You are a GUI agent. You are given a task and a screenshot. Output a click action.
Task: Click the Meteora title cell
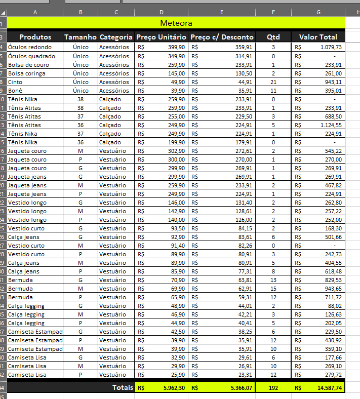pyautogui.click(x=176, y=23)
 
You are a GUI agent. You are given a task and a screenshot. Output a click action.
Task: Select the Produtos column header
pyautogui.click(x=35, y=37)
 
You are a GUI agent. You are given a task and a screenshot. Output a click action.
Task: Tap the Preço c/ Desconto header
pyautogui.click(x=222, y=37)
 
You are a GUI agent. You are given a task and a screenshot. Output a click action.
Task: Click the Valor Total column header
pyautogui.click(x=318, y=37)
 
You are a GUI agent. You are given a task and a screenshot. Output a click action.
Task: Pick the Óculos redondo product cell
pyautogui.click(x=30, y=47)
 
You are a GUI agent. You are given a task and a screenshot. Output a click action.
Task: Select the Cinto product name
pyautogui.click(x=16, y=82)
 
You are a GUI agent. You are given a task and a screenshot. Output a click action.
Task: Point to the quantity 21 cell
pyautogui.click(x=273, y=82)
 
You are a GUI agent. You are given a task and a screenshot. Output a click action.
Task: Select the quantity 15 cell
pyautogui.click(x=273, y=289)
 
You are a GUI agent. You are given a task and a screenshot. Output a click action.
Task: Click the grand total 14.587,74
pyautogui.click(x=328, y=387)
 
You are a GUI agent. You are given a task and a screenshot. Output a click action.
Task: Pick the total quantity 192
pyautogui.click(x=273, y=387)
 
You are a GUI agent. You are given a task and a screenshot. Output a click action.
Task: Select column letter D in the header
pyautogui.click(x=161, y=12)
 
